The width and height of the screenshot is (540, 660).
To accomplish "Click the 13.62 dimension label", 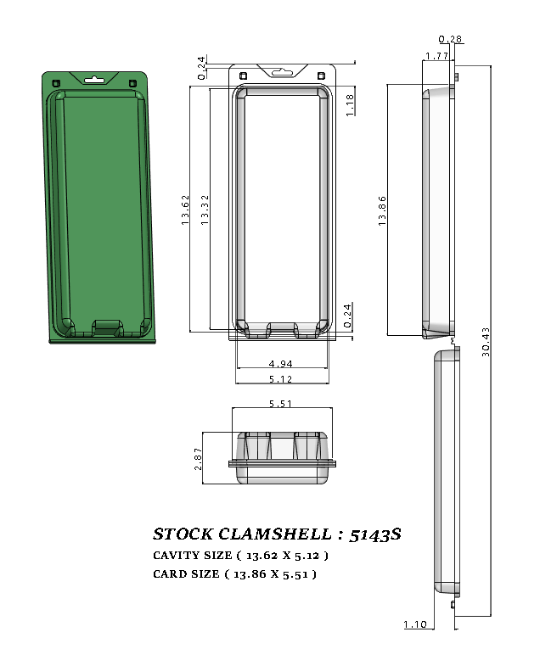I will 185,209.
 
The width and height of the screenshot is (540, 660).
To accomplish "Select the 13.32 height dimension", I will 205,209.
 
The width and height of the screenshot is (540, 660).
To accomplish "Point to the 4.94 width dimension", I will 281,365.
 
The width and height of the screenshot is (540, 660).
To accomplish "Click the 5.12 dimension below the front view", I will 281,378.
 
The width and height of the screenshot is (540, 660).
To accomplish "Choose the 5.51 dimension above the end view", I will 281,405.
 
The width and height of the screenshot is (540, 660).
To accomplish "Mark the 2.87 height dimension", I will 198,458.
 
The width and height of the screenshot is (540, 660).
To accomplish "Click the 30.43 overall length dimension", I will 486,342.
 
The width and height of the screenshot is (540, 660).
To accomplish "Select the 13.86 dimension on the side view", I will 383,210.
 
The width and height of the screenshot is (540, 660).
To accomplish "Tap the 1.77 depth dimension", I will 436,56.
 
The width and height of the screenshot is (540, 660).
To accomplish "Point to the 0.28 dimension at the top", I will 451,39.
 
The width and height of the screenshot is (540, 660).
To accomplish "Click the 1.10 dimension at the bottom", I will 415,624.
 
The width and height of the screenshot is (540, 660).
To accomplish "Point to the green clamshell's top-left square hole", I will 57,81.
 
